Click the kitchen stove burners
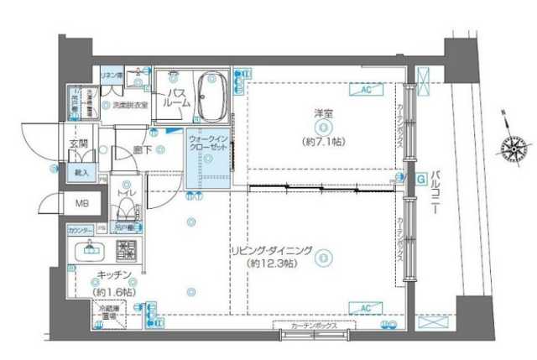(126, 250)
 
